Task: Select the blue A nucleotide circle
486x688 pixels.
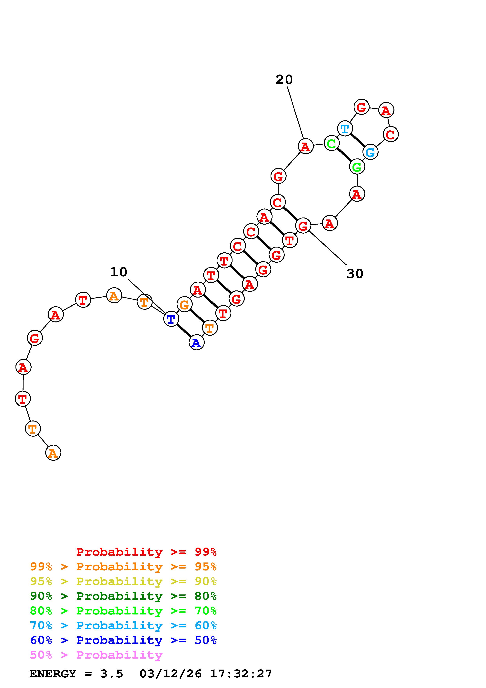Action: point(196,342)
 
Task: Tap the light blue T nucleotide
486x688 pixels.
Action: point(345,128)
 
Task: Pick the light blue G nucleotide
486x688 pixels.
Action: point(370,152)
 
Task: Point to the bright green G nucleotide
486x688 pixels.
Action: point(357,167)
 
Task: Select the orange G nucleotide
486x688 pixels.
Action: point(184,304)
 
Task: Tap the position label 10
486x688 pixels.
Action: point(119,272)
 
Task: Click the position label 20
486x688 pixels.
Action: point(284,80)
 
